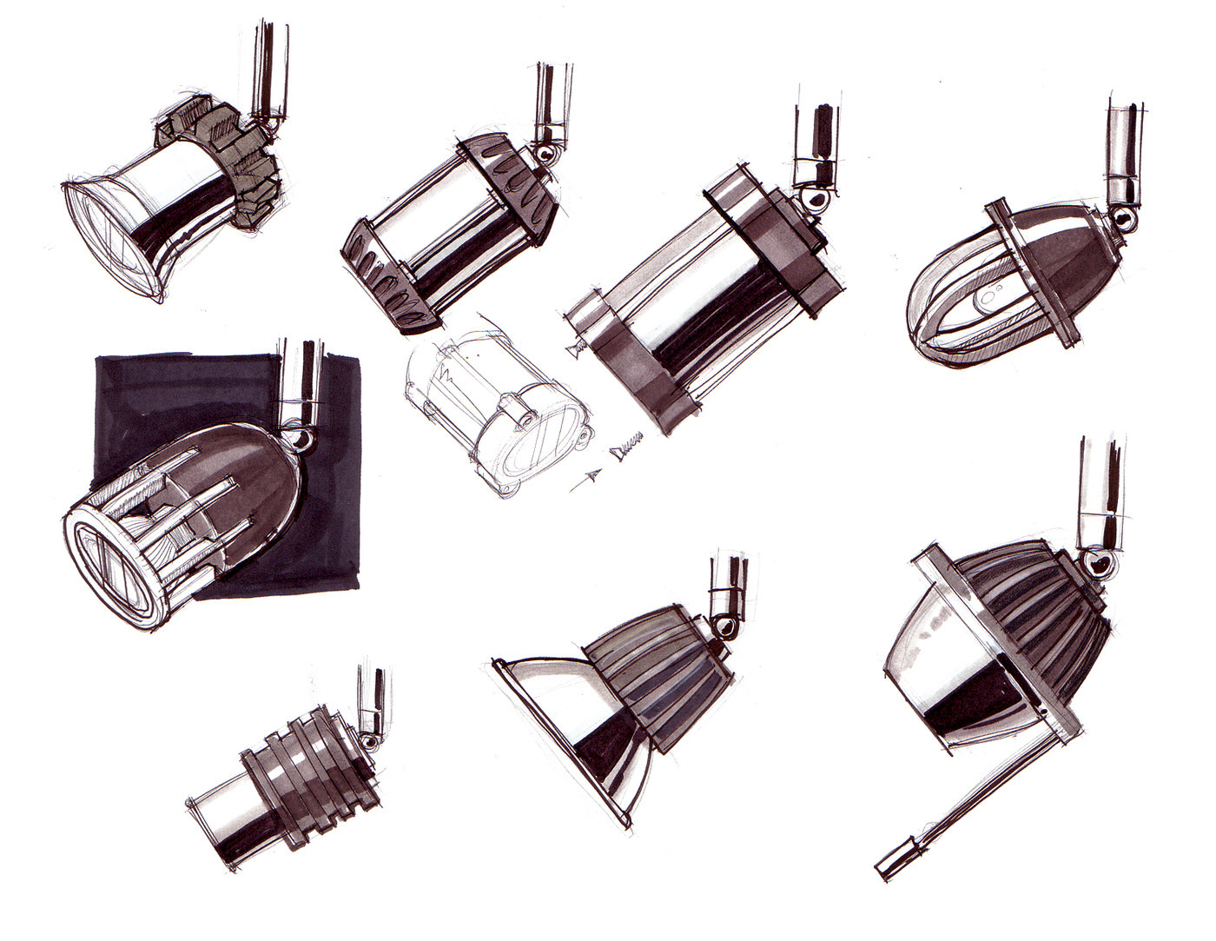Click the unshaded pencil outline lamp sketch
[495, 408]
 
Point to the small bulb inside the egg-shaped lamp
[986, 300]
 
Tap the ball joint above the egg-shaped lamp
[1126, 217]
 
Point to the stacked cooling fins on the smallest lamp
[313, 782]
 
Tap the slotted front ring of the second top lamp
[387, 278]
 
